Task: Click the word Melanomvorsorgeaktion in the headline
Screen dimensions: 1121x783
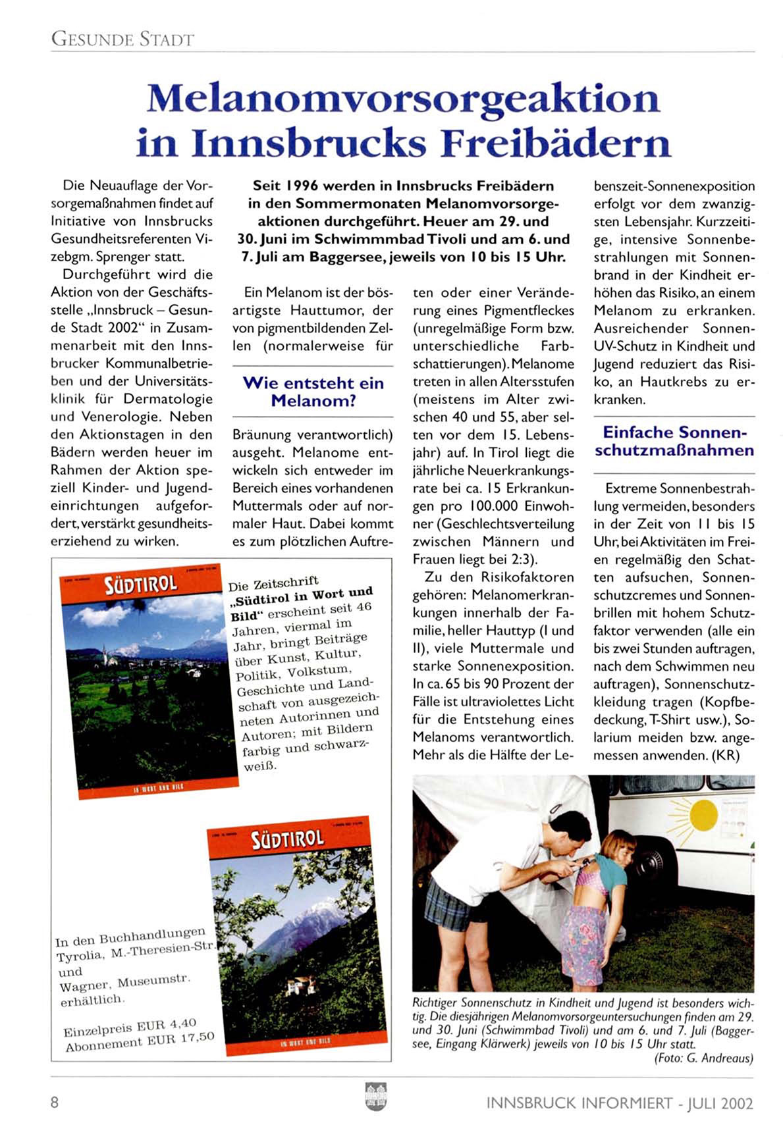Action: click(403, 99)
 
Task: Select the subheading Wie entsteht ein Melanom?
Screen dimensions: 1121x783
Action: click(313, 392)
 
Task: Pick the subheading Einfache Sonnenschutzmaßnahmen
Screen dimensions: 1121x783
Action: click(674, 441)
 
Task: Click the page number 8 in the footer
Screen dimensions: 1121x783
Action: click(55, 1102)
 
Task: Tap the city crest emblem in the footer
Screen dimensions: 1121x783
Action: click(375, 1097)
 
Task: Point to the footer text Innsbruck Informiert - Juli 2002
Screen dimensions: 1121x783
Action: click(620, 1103)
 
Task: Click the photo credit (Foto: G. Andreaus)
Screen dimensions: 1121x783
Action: click(703, 1058)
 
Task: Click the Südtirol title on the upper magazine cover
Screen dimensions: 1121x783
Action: click(140, 585)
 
